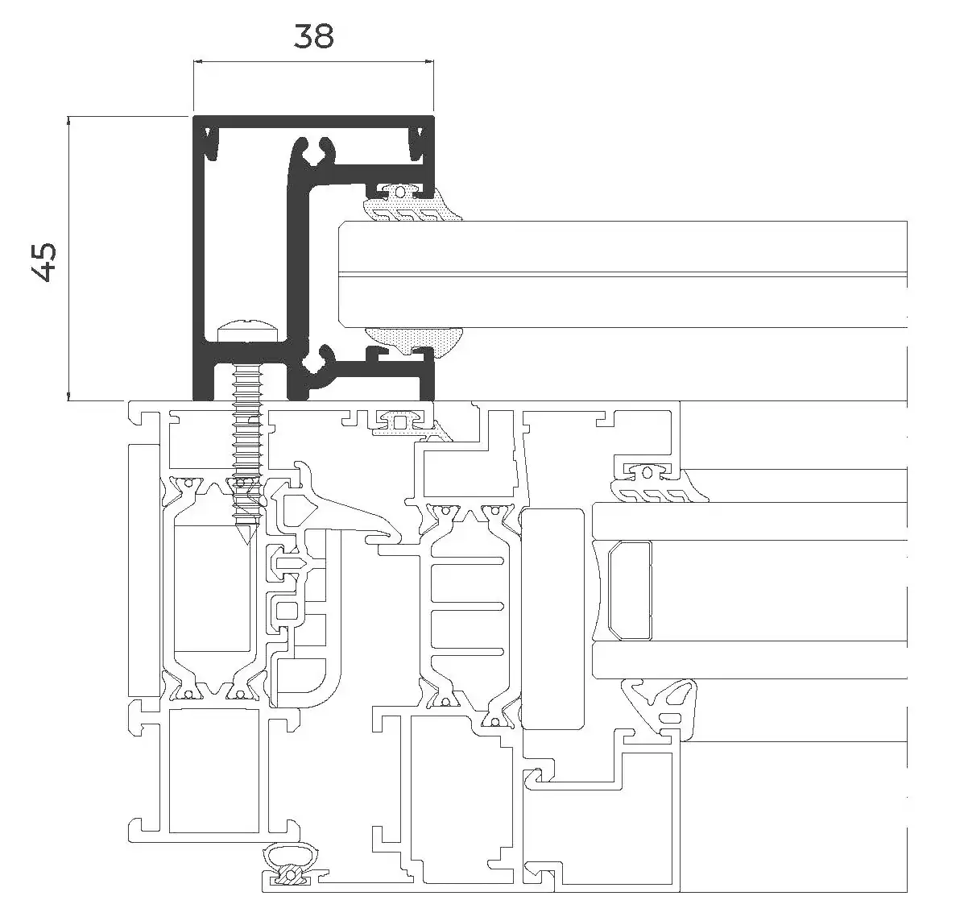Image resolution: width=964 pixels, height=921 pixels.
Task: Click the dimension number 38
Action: click(313, 36)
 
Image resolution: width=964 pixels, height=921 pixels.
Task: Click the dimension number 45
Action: click(46, 262)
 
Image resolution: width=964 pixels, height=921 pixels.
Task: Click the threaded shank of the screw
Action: click(248, 443)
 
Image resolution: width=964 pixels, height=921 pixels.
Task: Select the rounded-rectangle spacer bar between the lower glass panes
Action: click(629, 589)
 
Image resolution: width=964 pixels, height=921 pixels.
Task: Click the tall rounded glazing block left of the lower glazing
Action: click(552, 618)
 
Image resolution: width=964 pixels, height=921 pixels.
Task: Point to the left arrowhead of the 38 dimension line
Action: click(197, 61)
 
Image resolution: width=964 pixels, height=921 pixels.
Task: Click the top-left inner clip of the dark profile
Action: click(212, 143)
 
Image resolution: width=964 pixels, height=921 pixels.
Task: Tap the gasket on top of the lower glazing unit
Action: click(658, 485)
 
